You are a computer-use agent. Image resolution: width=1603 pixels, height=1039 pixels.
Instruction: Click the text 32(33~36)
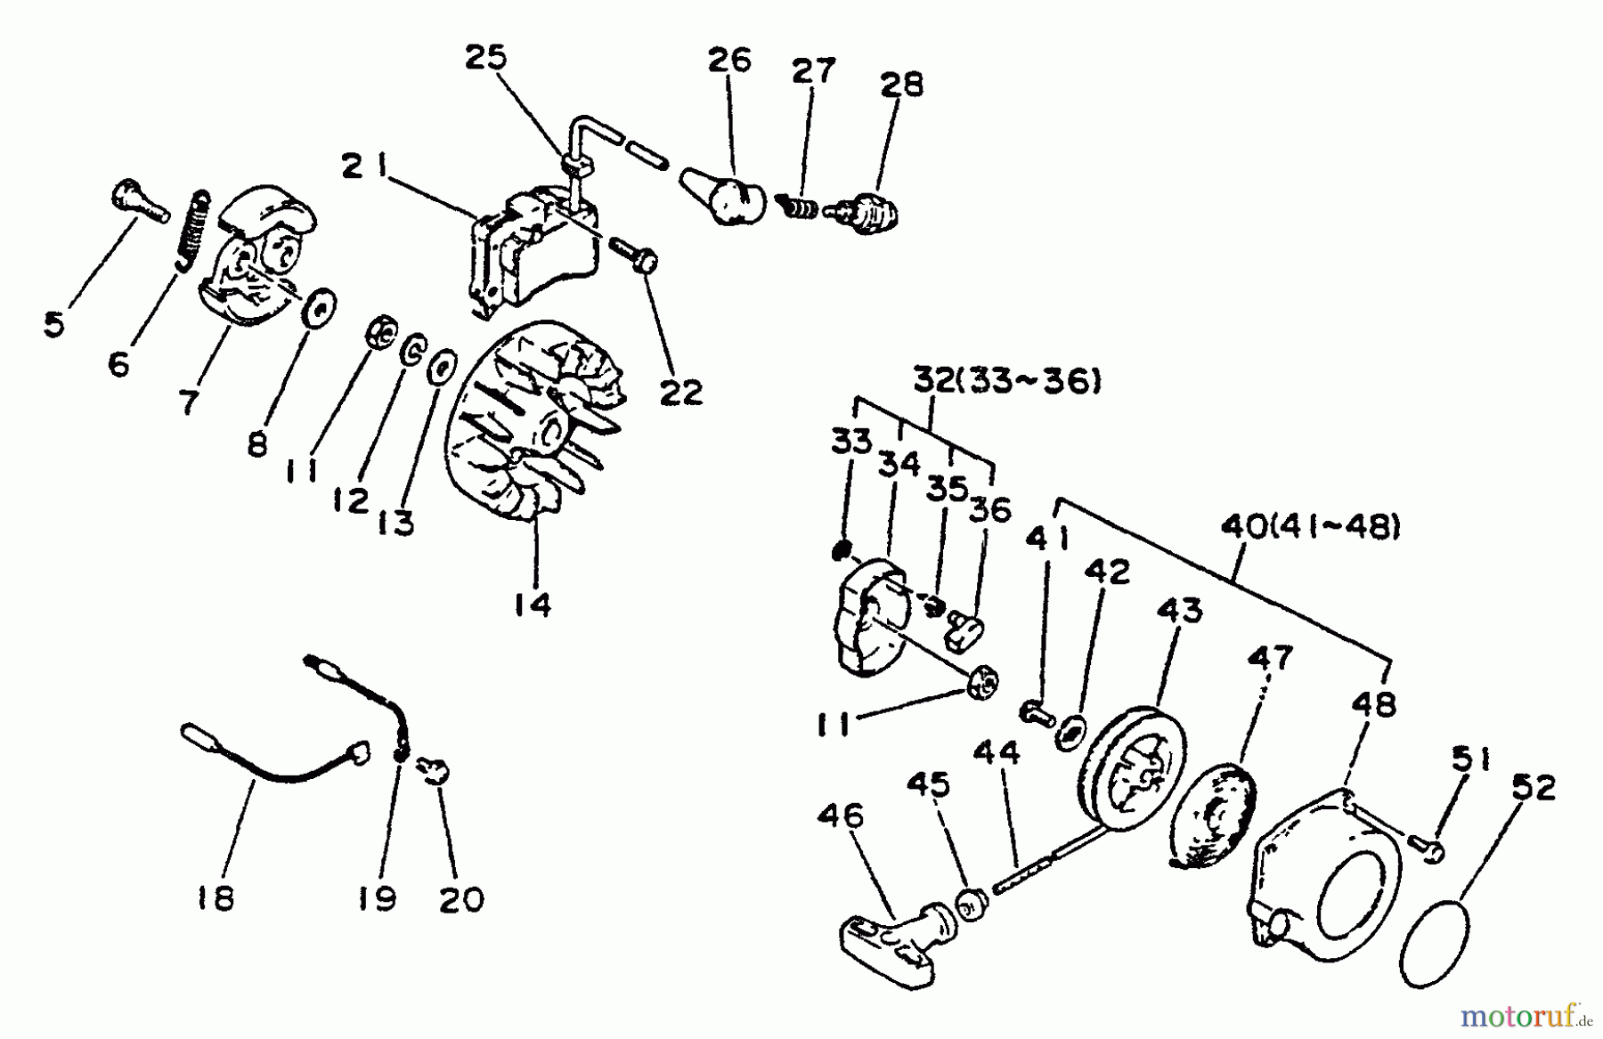coord(1007,383)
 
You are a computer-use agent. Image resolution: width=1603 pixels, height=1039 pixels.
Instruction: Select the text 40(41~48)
coord(1309,529)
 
